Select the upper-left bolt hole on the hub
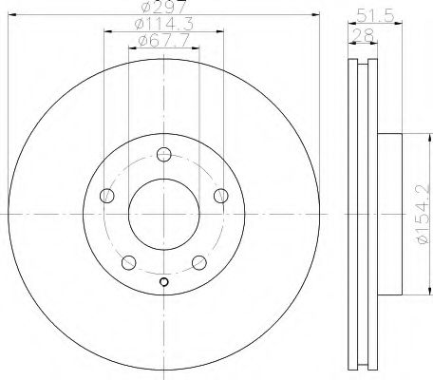106,196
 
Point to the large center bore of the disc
163,214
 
